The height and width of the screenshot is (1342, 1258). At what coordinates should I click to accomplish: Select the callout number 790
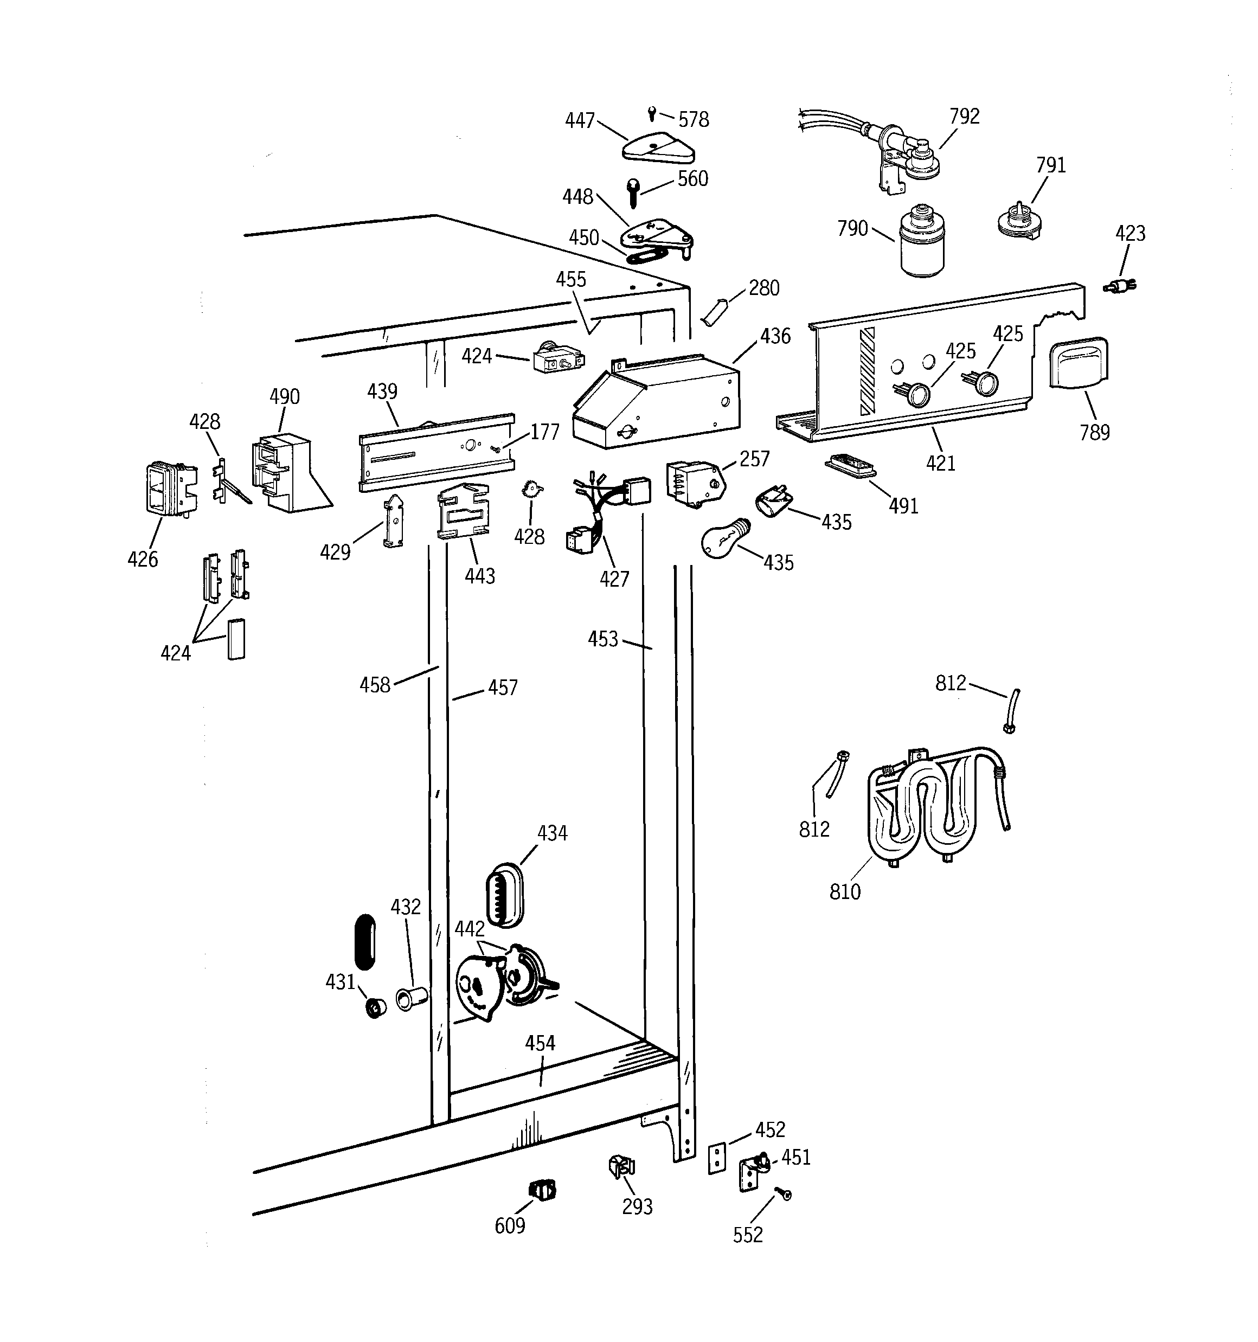point(852,229)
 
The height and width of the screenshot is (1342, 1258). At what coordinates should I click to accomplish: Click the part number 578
point(694,120)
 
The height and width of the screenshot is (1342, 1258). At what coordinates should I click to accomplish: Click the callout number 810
point(845,892)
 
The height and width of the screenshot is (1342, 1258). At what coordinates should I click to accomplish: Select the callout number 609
point(510,1225)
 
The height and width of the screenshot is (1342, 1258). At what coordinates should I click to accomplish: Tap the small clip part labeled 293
point(622,1166)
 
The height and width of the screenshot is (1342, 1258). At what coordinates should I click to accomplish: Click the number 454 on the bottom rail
point(540,1043)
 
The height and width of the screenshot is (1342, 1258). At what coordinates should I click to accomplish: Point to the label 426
point(143,559)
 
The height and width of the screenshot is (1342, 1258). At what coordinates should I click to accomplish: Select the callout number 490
point(284,396)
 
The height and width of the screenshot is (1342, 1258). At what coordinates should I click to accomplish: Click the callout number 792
point(964,117)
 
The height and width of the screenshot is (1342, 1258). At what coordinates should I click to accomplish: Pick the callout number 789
point(1094,432)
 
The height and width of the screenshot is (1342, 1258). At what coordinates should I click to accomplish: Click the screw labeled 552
point(784,1194)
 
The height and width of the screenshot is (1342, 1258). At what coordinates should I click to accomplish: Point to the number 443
point(479,576)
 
